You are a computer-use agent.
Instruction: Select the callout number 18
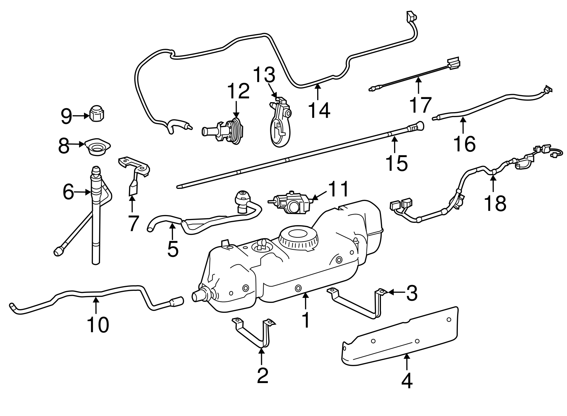pos(495,203)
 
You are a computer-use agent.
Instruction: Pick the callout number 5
pos(173,249)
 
